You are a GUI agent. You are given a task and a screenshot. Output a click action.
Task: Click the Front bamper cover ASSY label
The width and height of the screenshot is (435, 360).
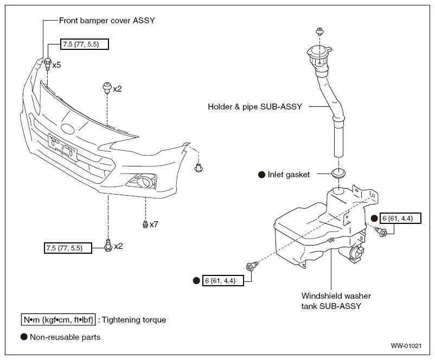click(x=107, y=21)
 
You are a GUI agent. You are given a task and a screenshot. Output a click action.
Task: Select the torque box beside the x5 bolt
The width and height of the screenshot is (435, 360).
click(x=84, y=44)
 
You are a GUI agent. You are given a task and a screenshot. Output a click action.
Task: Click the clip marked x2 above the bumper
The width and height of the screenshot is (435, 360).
click(x=107, y=87)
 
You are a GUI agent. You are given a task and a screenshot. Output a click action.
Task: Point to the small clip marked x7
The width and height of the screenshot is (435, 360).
click(x=145, y=224)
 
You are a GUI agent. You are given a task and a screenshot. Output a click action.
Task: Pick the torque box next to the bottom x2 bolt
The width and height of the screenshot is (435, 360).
click(x=68, y=248)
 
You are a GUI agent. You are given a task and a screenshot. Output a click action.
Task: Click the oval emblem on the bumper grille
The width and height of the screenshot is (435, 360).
click(x=68, y=128)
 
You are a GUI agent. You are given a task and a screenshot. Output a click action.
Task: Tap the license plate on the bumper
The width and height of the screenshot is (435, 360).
click(x=63, y=147)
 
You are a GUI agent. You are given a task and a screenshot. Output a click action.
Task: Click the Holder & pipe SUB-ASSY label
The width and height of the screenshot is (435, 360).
click(x=255, y=106)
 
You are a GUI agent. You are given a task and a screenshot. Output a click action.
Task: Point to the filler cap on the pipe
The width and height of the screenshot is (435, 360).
click(x=319, y=53)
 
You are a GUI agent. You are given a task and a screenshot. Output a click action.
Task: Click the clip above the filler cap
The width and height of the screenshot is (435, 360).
click(x=320, y=31)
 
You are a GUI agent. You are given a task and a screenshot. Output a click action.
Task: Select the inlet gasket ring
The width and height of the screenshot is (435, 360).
click(x=338, y=173)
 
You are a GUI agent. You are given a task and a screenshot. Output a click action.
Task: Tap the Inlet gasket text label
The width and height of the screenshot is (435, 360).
click(x=289, y=175)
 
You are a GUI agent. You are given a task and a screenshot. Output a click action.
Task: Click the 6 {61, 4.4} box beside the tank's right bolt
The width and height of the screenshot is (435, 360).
click(x=398, y=218)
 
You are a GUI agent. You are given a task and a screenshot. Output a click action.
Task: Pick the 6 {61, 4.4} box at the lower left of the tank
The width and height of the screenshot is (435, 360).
click(x=223, y=281)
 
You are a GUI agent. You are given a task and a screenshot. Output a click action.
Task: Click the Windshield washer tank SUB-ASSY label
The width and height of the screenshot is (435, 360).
click(x=336, y=301)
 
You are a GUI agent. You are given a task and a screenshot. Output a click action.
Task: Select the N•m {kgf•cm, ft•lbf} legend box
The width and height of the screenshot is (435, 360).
click(x=59, y=320)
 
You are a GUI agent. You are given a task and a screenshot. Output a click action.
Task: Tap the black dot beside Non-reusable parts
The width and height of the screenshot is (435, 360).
click(x=24, y=337)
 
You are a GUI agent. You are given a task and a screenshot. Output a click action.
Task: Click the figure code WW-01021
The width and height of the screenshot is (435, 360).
click(x=406, y=346)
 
